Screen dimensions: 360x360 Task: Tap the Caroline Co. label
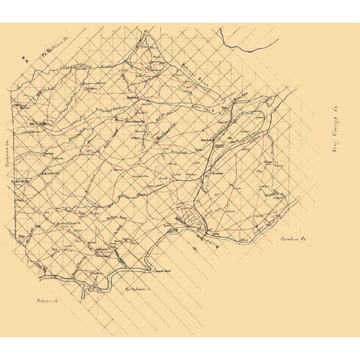294,239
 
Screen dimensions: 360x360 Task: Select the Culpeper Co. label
47,300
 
